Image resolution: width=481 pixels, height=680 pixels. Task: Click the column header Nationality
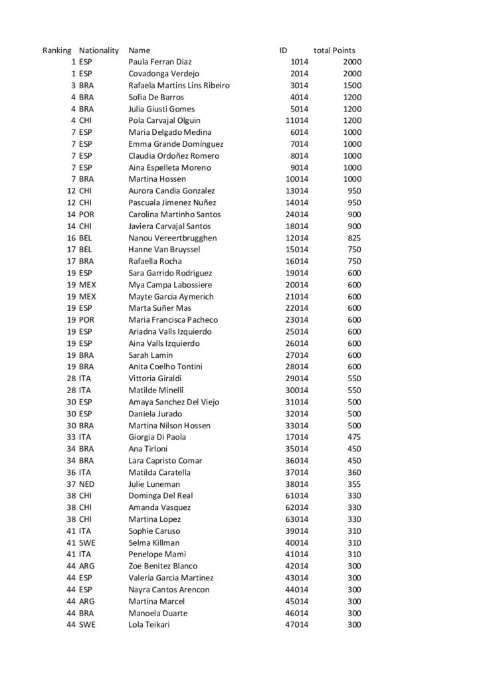pyautogui.click(x=98, y=50)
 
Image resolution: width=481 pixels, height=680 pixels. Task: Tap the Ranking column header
pyautogui.click(x=56, y=50)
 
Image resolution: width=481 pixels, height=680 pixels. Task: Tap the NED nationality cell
pyautogui.click(x=87, y=484)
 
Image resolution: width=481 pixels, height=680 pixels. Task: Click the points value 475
pyautogui.click(x=352, y=437)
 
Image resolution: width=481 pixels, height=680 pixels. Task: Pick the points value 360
pyautogui.click(x=352, y=472)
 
